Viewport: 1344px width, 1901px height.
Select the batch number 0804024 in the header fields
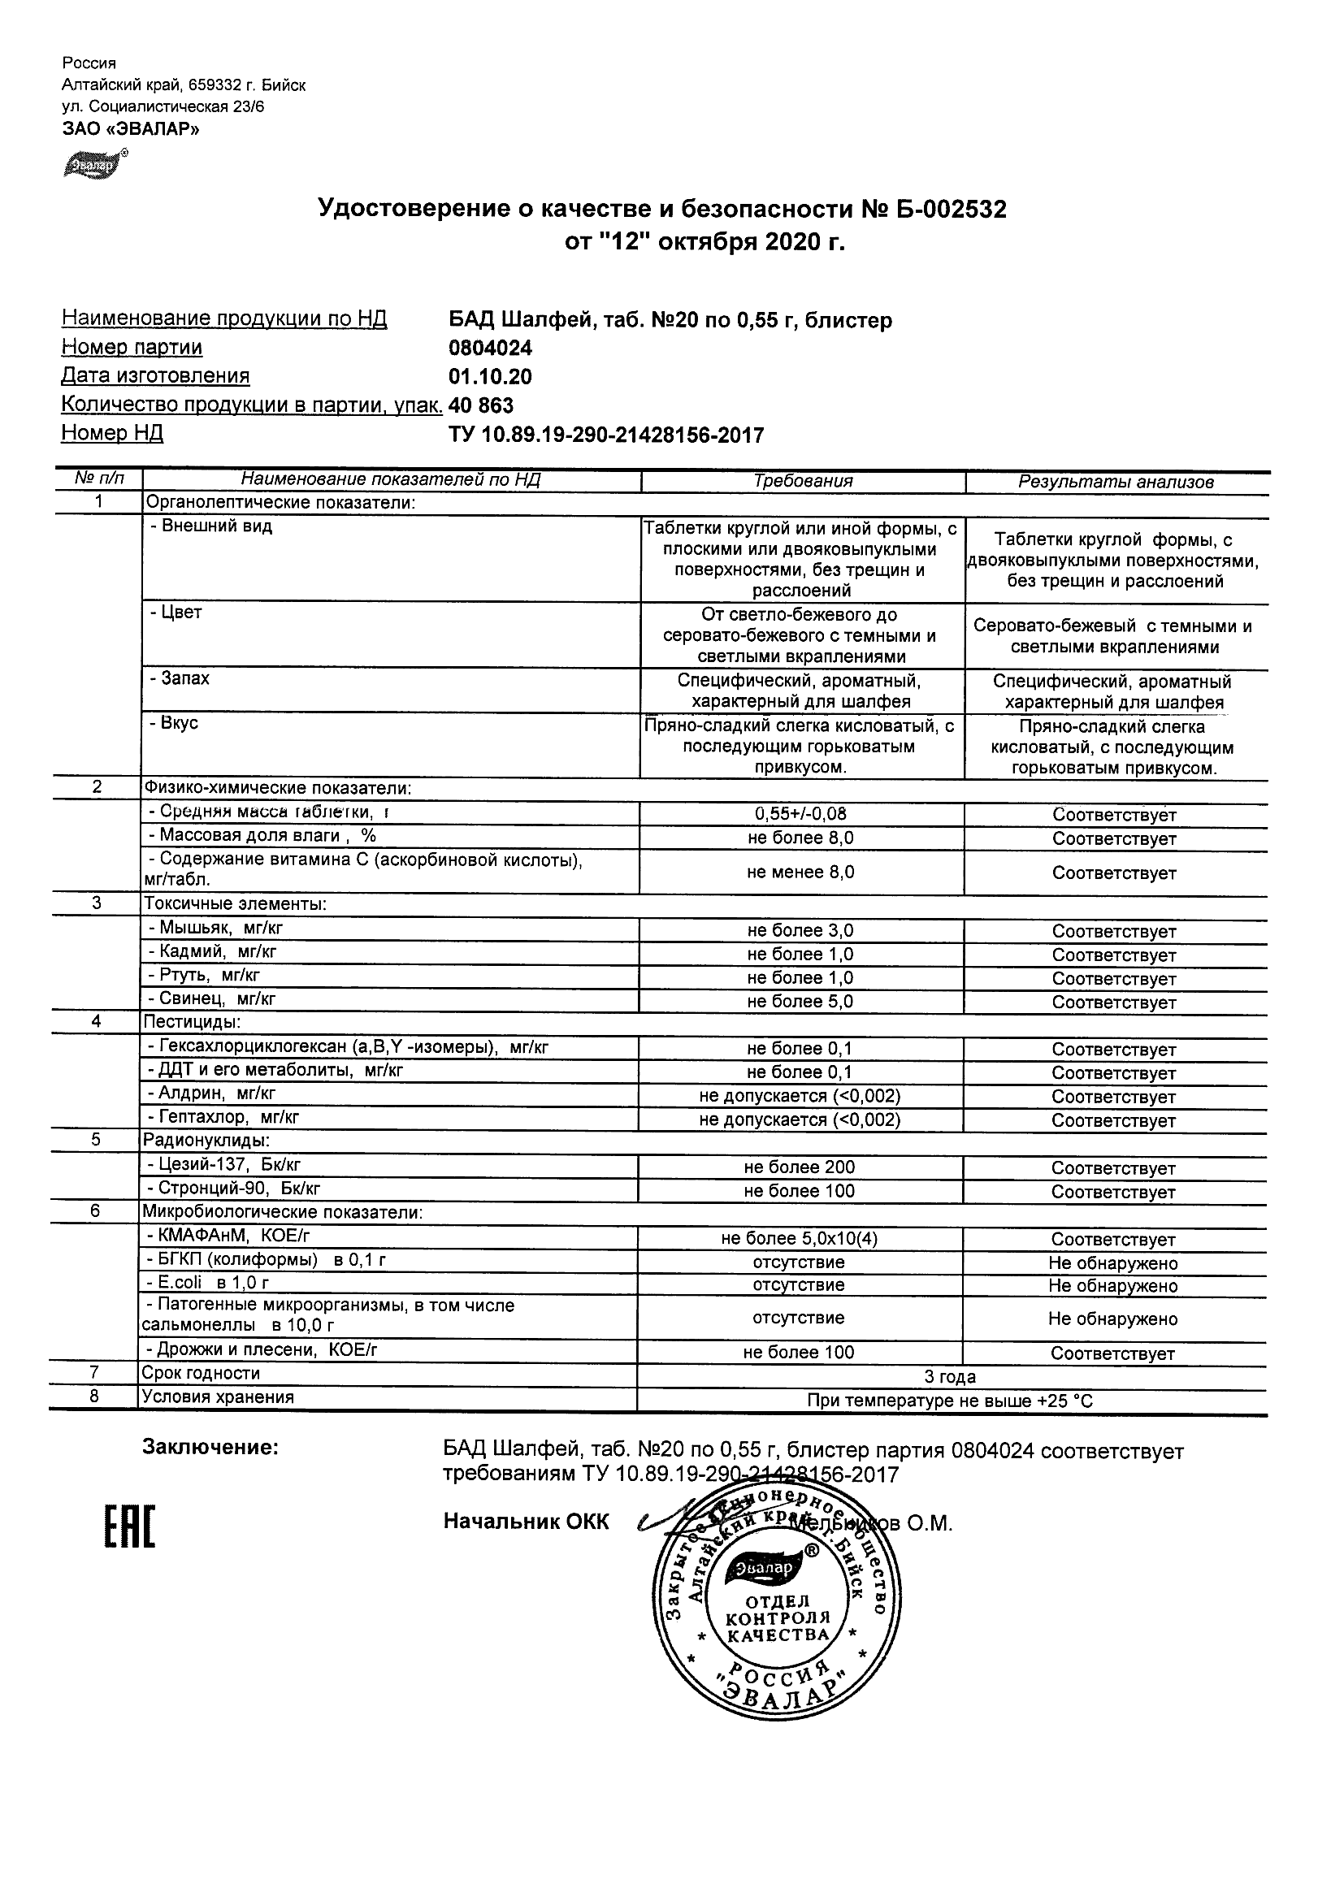(x=490, y=349)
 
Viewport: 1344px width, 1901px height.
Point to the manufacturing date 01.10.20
(x=490, y=378)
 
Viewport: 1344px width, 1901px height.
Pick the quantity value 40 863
(x=480, y=405)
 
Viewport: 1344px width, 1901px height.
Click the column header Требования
(x=803, y=482)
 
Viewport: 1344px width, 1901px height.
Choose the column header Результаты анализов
(x=1116, y=482)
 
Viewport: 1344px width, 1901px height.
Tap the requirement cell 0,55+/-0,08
(x=800, y=814)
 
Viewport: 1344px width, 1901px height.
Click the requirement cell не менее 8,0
(x=800, y=872)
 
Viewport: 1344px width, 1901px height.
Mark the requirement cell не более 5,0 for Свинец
(x=800, y=1002)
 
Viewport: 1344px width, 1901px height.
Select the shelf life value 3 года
(x=950, y=1377)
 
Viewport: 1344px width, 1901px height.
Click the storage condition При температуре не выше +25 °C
(x=950, y=1401)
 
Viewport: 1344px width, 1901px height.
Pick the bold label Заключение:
(x=210, y=1448)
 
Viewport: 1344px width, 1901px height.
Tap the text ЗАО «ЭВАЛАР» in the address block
(x=131, y=128)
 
